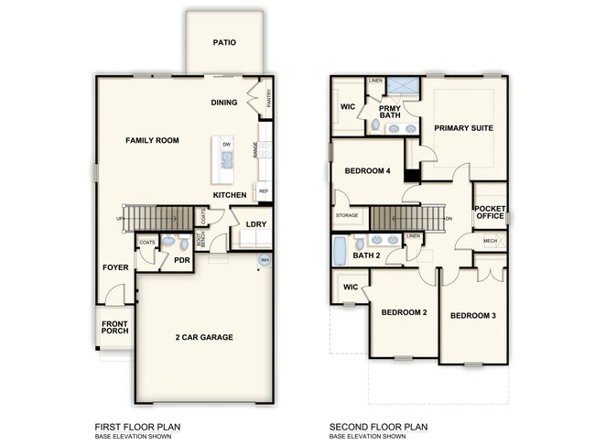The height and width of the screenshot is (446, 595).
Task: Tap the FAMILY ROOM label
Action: click(152, 140)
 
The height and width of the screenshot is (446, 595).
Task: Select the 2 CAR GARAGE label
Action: click(204, 337)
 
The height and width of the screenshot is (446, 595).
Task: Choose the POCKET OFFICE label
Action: click(489, 213)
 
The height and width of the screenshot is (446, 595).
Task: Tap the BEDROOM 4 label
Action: click(368, 171)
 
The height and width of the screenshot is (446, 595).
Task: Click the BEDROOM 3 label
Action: click(473, 316)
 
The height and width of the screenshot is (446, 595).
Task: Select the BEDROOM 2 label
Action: click(405, 312)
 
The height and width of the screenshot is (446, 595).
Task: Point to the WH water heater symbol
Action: click(265, 260)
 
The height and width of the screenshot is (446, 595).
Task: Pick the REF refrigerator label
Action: click(264, 190)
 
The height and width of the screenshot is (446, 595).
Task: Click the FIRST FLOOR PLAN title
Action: click(137, 426)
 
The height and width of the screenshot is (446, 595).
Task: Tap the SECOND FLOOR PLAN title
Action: click(380, 426)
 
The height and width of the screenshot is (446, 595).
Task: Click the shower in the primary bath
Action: click(401, 89)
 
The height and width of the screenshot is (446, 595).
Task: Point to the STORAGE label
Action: click(347, 216)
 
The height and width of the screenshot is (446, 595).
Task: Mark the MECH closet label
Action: click(490, 241)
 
